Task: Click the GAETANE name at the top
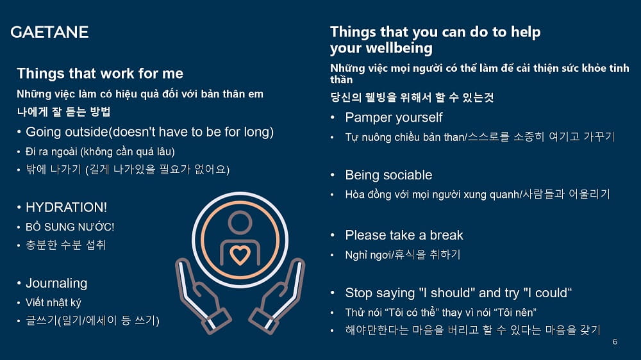(49, 32)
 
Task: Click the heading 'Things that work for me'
(100, 74)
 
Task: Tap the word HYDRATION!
(66, 207)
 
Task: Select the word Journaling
(56, 283)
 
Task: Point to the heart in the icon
(240, 255)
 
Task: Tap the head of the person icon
(240, 223)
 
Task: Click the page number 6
(615, 341)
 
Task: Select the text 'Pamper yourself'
(394, 118)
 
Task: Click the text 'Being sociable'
(389, 175)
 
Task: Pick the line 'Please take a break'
(404, 235)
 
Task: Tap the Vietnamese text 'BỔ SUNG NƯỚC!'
(70, 226)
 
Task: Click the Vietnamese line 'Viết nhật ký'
(53, 302)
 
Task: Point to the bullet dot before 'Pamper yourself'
(332, 118)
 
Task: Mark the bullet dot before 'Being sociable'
(332, 175)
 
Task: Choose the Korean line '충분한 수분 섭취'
(66, 245)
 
